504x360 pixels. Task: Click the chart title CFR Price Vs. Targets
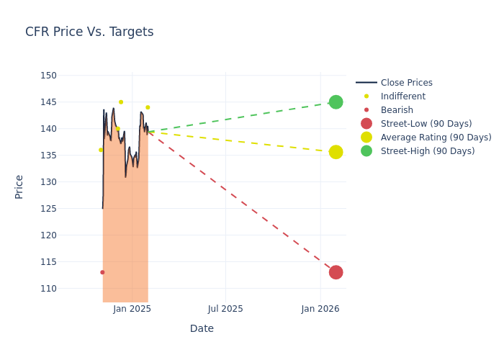(89, 32)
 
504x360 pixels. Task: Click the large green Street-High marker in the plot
(336, 102)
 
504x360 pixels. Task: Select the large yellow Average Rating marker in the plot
(336, 152)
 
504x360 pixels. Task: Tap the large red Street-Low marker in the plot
(336, 272)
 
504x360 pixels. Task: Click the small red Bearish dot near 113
(102, 272)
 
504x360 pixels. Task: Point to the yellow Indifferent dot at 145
(121, 102)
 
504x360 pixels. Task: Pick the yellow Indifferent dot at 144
(148, 107)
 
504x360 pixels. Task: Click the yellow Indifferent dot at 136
(101, 150)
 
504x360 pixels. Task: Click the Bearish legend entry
(397, 110)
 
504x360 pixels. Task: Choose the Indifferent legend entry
(402, 96)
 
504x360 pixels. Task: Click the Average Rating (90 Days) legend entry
(436, 138)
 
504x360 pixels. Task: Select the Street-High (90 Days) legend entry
(428, 151)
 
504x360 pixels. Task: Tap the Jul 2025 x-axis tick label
(225, 309)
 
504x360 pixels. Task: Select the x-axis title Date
(202, 329)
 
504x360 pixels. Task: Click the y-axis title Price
(19, 186)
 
